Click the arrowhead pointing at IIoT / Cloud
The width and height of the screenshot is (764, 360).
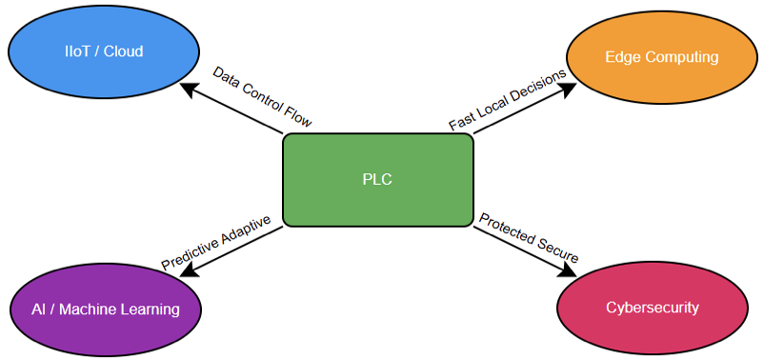click(x=189, y=88)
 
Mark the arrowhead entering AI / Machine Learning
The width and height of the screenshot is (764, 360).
click(x=188, y=270)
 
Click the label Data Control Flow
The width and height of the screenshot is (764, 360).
click(x=262, y=97)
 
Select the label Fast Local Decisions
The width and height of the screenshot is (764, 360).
click(x=508, y=99)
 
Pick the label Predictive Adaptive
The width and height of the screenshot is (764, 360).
click(x=216, y=242)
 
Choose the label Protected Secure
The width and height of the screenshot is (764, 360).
click(x=529, y=238)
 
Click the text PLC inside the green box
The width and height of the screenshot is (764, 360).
click(x=377, y=179)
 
